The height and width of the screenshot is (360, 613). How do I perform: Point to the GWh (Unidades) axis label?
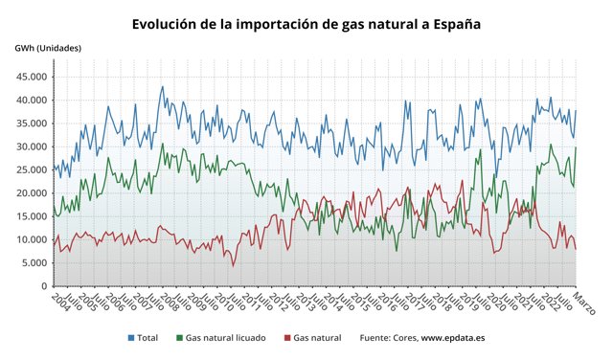(x=48, y=48)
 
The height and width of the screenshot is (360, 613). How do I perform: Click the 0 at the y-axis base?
(x=42, y=286)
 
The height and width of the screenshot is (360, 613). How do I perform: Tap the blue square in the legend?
(x=131, y=338)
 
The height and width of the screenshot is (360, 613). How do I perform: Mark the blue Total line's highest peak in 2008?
(x=162, y=87)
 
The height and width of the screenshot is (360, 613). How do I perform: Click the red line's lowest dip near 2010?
(x=233, y=265)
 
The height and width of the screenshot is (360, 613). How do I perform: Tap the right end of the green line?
(x=576, y=147)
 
